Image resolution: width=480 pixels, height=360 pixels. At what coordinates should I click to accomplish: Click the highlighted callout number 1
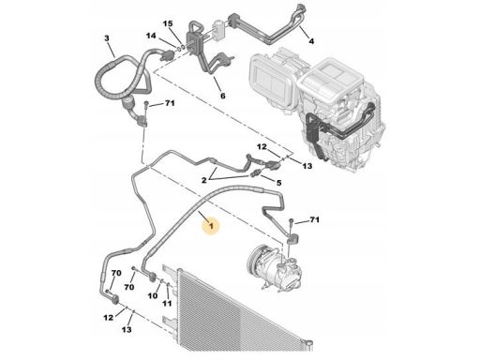pos(212,225)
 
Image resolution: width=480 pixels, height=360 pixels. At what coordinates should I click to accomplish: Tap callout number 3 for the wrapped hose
pos(107,38)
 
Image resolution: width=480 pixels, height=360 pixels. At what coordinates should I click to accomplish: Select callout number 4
pos(311,41)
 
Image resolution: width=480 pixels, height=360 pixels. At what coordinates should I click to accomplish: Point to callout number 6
pos(222,96)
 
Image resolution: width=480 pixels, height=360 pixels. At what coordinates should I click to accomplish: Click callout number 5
pos(278,183)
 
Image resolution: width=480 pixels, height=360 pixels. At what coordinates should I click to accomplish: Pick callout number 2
pos(204,180)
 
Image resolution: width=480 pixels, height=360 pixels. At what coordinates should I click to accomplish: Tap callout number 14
pos(151,36)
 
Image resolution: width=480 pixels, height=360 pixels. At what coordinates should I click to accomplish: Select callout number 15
pos(168,23)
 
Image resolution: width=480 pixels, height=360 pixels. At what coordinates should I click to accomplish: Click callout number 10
pos(153,295)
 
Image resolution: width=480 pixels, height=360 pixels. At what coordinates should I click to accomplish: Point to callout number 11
pos(167,303)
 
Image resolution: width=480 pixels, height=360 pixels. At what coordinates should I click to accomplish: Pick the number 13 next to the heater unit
pos(307,166)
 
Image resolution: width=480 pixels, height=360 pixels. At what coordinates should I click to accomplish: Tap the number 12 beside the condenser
pos(108,318)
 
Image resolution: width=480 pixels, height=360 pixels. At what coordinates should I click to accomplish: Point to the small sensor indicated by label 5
pos(256,173)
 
